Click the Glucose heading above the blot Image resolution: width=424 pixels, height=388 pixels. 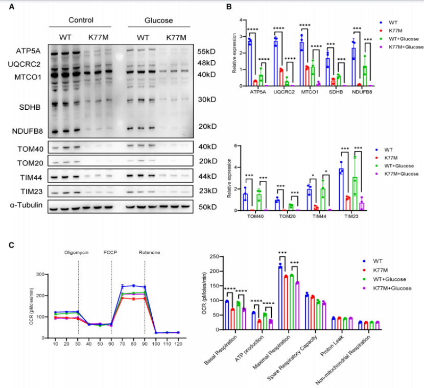coord(158,20)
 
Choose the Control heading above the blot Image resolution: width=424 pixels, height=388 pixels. coord(81,20)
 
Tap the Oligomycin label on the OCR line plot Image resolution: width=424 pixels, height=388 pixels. coord(78,252)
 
